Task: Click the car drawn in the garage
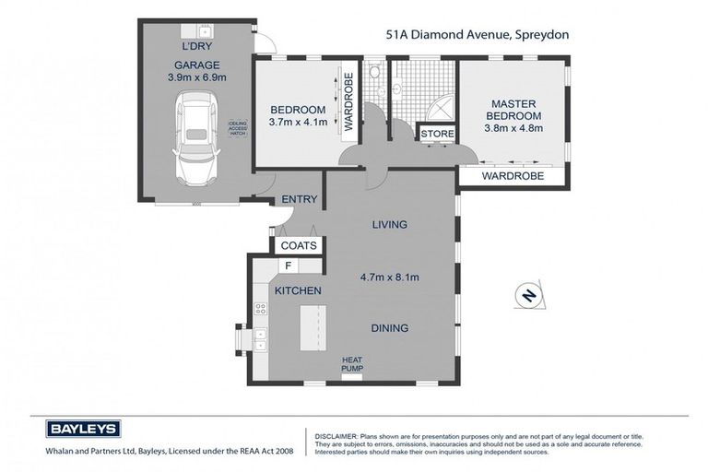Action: click(x=194, y=139)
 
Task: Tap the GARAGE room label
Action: click(x=194, y=65)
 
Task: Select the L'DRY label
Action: click(x=195, y=45)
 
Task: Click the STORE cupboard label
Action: click(x=438, y=135)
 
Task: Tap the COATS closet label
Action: click(x=299, y=245)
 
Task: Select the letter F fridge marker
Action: click(x=289, y=266)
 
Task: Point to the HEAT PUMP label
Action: click(x=353, y=364)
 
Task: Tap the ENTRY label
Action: click(x=299, y=199)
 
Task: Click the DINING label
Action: click(x=390, y=327)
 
